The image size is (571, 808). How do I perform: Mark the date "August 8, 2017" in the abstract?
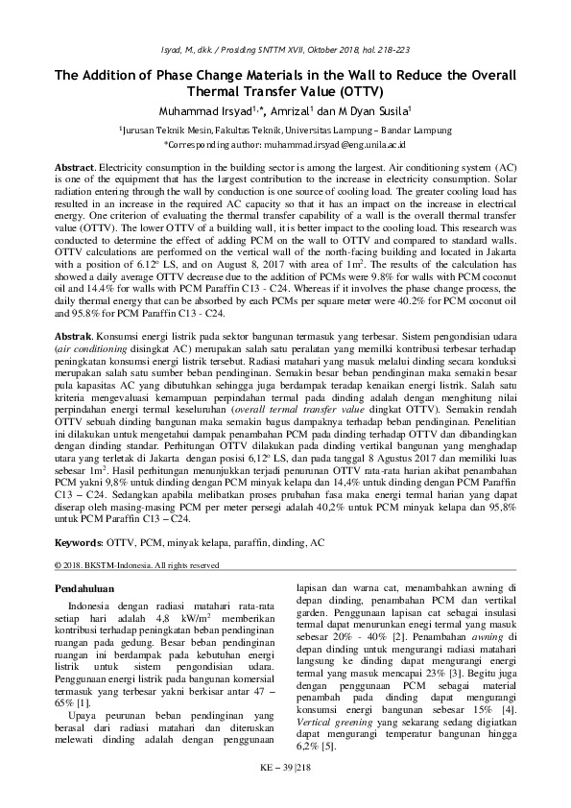click(x=215, y=263)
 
